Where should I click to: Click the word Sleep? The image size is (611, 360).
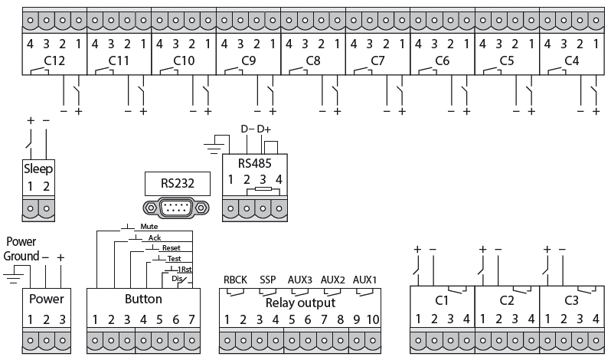click(x=38, y=169)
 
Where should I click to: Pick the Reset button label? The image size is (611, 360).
click(x=171, y=249)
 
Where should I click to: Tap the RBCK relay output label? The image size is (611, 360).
click(x=235, y=280)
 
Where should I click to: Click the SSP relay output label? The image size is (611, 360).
click(x=268, y=280)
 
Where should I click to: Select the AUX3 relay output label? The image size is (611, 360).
click(x=300, y=280)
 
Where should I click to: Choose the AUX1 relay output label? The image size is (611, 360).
click(x=365, y=280)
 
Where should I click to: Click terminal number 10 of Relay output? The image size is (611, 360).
click(x=372, y=319)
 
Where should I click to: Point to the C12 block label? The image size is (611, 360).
click(x=54, y=60)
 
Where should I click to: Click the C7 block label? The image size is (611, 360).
click(x=377, y=60)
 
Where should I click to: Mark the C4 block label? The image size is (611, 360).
click(x=571, y=60)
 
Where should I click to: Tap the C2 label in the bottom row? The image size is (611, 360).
click(x=506, y=299)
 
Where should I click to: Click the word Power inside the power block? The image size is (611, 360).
click(x=47, y=299)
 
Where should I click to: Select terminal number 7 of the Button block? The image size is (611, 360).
click(x=192, y=319)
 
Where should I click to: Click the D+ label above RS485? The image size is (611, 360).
click(x=265, y=129)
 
